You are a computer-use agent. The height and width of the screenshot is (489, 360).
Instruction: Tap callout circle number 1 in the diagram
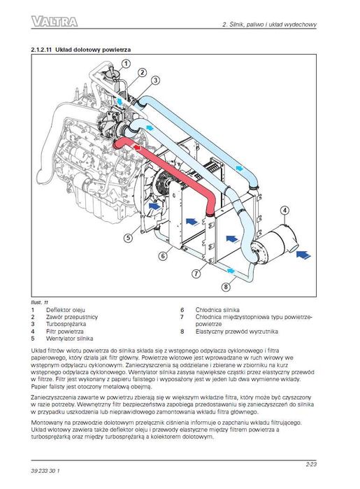(127, 63)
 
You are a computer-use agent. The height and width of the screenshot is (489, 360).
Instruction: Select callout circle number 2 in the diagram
(142, 72)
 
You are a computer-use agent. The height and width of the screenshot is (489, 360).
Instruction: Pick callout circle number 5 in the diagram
(129, 239)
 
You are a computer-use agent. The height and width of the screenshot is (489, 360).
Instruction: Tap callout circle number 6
(162, 257)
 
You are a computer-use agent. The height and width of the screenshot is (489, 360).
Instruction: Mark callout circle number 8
(226, 285)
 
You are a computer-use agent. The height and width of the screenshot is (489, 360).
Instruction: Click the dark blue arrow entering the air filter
(305, 255)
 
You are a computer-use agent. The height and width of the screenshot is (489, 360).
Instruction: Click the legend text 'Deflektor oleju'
(66, 309)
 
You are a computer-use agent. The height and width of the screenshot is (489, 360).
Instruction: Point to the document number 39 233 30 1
(47, 468)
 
